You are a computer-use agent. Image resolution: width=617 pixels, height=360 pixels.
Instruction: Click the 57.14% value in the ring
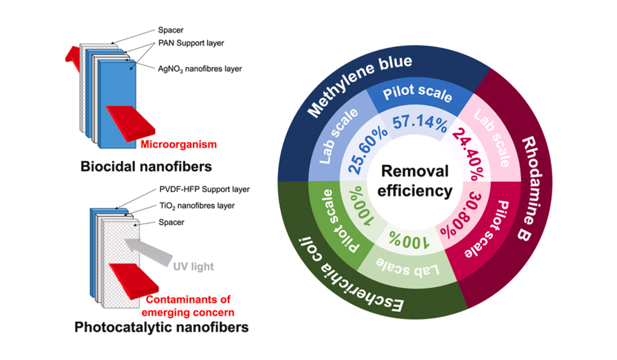(420, 123)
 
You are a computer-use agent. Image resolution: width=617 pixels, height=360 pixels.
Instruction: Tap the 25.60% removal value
(368, 152)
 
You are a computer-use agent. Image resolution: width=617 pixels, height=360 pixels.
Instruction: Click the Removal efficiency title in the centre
(415, 181)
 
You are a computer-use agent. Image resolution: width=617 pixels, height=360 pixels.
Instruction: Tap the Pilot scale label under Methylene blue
(418, 93)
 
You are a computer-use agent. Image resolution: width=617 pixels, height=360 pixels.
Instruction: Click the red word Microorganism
(179, 145)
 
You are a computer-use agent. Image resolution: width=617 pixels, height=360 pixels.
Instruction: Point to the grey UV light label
(193, 266)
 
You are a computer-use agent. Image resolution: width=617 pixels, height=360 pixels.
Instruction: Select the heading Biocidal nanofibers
(146, 167)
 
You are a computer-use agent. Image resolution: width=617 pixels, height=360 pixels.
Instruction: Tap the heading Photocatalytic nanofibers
(161, 327)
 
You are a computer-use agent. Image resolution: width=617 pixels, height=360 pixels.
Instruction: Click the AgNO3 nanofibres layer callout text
(200, 69)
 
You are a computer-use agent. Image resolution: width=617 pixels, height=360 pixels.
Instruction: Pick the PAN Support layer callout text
(191, 43)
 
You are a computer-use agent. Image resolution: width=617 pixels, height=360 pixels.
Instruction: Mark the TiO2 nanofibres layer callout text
(197, 206)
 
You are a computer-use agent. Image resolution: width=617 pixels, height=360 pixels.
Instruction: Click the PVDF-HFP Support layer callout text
(205, 189)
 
